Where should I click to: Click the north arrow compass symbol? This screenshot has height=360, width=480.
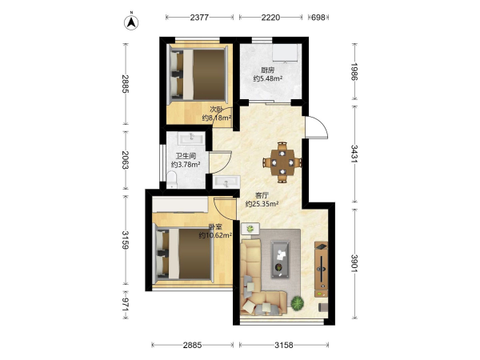pos(131,22)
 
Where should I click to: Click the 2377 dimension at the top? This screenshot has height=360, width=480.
pos(199,18)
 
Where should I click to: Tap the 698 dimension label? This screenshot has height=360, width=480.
pos(318,18)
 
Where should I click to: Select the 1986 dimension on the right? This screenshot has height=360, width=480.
pos(354,72)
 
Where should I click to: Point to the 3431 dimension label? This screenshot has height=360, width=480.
pos(354,154)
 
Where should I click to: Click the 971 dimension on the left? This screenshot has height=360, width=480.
pos(126,305)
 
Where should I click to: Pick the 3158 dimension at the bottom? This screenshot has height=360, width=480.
pos(284,346)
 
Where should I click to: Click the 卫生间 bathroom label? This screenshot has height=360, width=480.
pos(186,157)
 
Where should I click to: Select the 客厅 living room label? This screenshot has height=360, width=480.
pos(262,195)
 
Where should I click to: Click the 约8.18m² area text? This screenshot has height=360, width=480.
pos(217,118)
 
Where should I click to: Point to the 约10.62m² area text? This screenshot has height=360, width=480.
pos(215,235)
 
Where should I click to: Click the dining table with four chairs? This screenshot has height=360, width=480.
pos(282,162)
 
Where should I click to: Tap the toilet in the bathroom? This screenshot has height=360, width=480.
pos(172,179)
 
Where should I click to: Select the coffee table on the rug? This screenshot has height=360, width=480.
pos(280,259)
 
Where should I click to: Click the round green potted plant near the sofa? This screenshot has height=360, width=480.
pos(298,303)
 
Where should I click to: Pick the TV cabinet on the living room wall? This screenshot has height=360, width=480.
pos(321,270)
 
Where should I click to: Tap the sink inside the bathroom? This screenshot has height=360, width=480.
pos(191,138)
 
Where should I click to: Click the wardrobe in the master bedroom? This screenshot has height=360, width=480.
pos(180,205)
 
